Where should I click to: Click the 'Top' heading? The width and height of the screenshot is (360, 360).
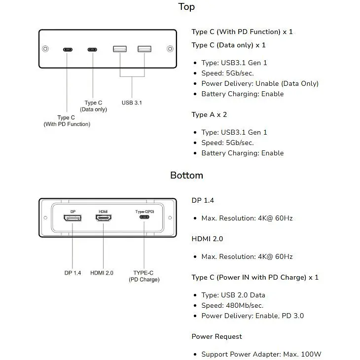tap(186, 7)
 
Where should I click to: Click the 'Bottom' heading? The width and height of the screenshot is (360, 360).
tap(187, 176)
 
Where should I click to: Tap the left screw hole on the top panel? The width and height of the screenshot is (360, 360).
tap(45, 49)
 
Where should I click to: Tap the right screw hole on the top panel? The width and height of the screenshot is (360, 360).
tap(170, 49)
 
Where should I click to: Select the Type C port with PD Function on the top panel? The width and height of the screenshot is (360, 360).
tap(68, 50)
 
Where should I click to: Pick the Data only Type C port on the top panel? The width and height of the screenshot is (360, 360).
tap(92, 50)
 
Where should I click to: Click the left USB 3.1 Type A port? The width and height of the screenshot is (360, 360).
tap(120, 49)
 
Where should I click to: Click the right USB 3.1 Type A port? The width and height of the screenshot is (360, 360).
tap(144, 49)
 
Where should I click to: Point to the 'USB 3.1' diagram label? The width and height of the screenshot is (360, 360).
tap(132, 103)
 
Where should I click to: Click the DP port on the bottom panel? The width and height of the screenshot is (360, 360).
tap(72, 217)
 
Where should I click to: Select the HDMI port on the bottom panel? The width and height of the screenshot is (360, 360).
tap(104, 217)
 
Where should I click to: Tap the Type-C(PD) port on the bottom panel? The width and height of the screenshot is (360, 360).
tap(144, 216)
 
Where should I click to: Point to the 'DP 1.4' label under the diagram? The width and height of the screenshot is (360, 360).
tap(72, 273)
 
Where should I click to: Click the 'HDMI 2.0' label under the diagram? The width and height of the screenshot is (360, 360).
tap(102, 273)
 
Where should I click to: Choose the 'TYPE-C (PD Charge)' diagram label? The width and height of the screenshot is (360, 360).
tap(144, 276)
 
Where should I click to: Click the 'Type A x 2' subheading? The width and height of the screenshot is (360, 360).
tap(209, 114)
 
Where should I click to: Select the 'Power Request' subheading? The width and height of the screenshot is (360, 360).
tap(216, 337)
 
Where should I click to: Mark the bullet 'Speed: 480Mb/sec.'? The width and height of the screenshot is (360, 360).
tap(232, 306)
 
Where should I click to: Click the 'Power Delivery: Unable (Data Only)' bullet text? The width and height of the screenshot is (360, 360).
tap(260, 83)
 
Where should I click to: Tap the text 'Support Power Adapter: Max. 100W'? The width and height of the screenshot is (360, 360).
tap(261, 354)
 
